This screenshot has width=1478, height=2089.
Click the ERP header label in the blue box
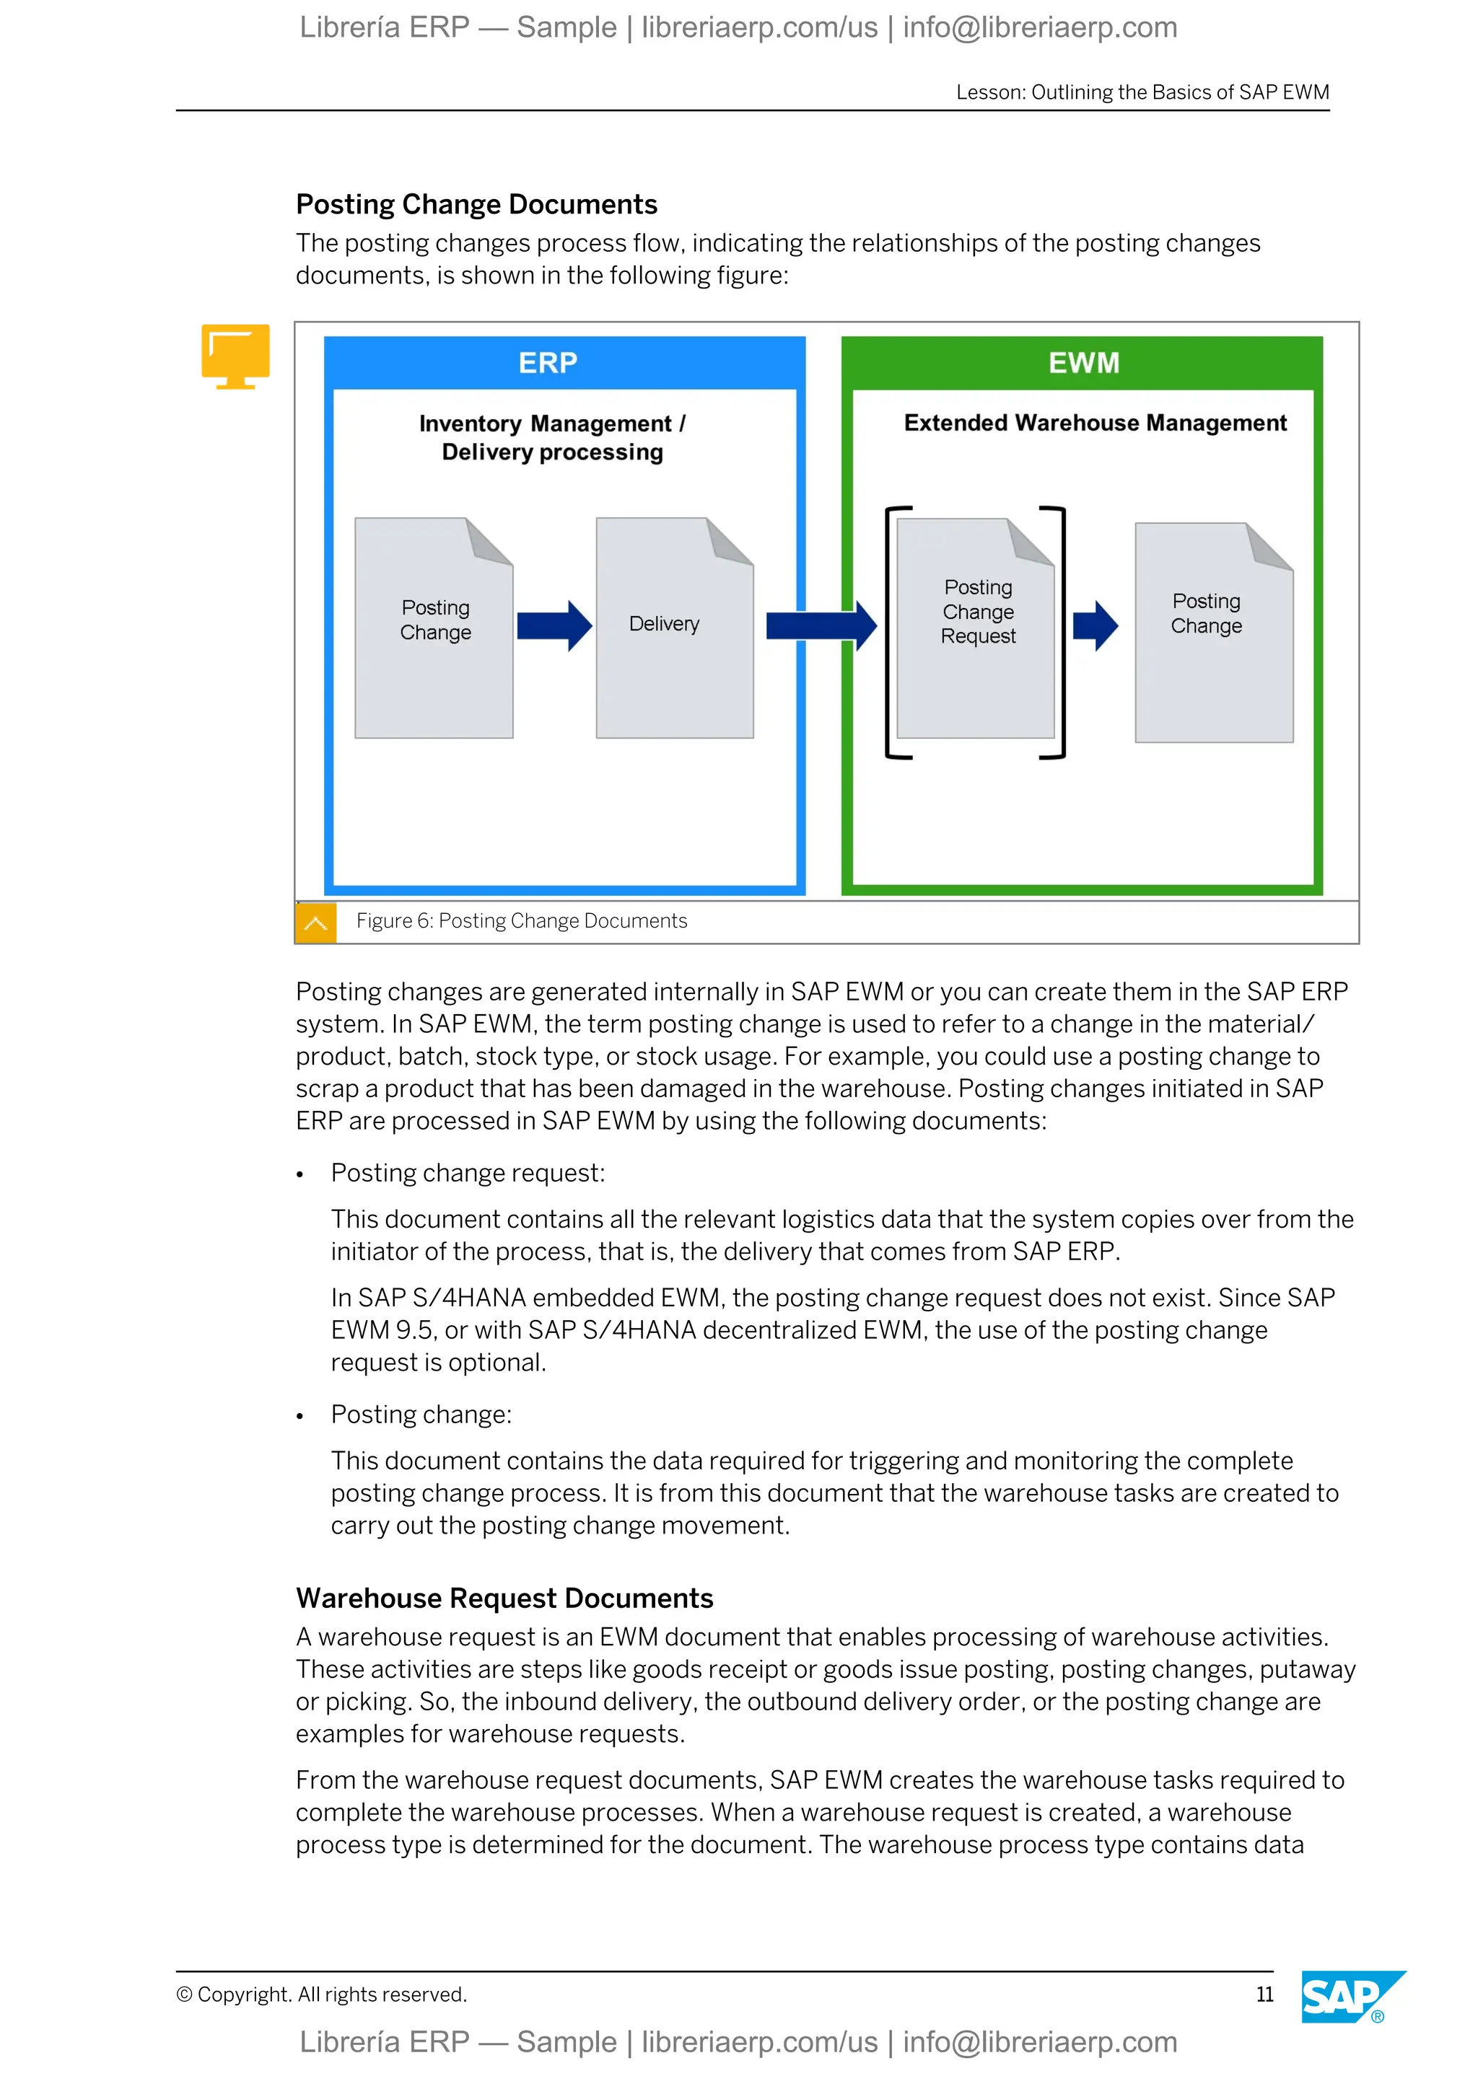coord(547,363)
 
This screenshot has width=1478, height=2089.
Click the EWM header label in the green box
coord(1083,363)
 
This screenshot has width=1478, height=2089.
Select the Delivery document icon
coord(673,628)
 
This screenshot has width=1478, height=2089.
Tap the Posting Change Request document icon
coord(975,628)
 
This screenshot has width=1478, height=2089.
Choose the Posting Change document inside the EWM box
coord(1213,633)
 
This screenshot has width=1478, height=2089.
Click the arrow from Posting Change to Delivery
coord(554,626)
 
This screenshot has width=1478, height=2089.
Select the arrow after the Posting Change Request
coord(1095,626)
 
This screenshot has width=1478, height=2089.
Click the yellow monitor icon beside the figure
coord(236,356)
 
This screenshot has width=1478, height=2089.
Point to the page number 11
coord(1264,1995)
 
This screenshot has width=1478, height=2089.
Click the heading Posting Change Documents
coord(476,205)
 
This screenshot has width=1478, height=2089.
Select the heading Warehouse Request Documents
coord(504,1598)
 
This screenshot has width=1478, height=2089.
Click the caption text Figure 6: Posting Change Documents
coord(522,920)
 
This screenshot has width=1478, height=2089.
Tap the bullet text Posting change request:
coord(468,1173)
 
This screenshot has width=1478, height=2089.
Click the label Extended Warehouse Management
coord(1095,423)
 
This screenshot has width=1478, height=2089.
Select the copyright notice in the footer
coord(321,1995)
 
